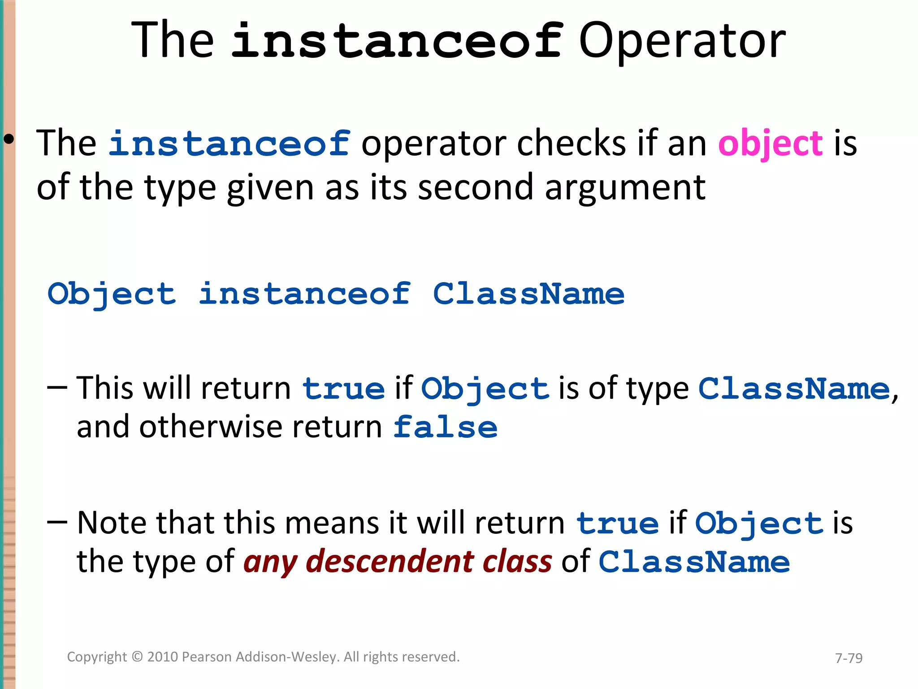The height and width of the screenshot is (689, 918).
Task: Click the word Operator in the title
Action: coord(682,41)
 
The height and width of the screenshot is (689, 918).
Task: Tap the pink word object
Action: coord(770,144)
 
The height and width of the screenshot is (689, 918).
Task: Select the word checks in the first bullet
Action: coord(571,144)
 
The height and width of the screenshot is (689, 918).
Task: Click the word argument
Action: coord(625,188)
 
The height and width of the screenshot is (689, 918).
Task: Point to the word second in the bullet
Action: coord(475,188)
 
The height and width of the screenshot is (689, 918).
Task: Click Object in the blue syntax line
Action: coord(112,295)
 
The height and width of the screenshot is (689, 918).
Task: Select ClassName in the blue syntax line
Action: coord(528,295)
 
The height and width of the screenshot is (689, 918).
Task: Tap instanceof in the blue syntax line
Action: coord(304,295)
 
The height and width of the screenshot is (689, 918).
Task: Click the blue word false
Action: coord(445,427)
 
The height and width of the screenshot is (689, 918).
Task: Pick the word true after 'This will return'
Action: coord(343,388)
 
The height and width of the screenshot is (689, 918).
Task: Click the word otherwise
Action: coord(211,427)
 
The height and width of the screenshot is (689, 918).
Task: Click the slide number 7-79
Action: coord(849,658)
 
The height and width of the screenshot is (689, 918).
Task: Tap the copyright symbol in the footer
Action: coord(137,657)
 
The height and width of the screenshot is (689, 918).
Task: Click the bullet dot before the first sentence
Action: coord(8,140)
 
